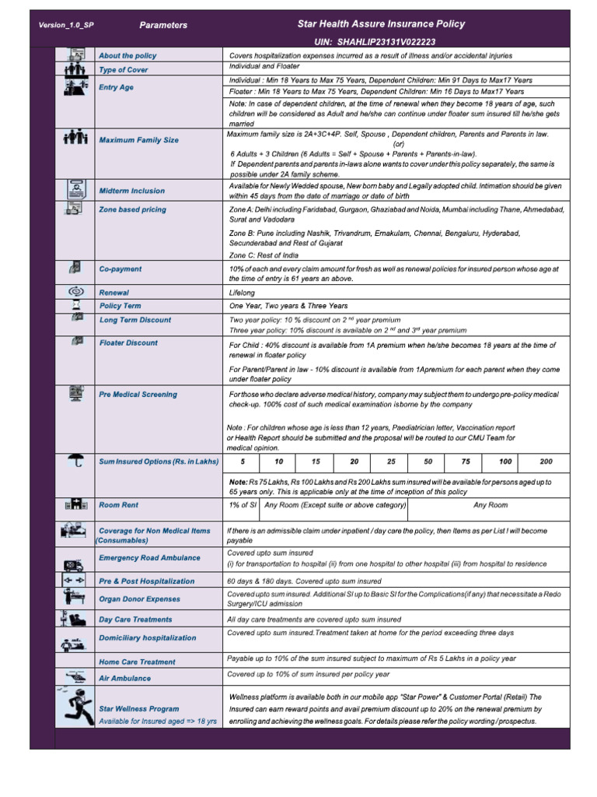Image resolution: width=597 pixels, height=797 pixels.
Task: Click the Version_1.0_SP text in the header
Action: tap(66, 26)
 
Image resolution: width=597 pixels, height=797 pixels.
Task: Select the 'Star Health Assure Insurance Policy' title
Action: tap(381, 24)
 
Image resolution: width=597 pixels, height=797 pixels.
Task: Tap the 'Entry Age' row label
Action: tap(116, 87)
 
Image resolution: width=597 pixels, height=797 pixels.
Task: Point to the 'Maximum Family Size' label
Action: tap(138, 140)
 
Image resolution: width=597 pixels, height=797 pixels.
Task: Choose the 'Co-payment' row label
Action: tap(120, 269)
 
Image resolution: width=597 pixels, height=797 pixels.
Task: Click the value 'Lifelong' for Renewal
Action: tap(243, 292)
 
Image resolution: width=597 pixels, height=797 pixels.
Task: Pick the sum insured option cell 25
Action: tap(391, 462)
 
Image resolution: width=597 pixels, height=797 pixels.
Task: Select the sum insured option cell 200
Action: tap(546, 462)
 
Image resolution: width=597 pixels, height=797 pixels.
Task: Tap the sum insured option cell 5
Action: tap(243, 462)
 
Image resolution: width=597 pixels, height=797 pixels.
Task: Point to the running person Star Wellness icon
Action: tap(75, 707)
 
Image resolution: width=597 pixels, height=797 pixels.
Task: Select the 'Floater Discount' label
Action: tap(127, 343)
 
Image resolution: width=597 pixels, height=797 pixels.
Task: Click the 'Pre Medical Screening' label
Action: tap(138, 395)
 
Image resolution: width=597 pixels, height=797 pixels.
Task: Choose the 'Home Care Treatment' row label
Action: tap(136, 662)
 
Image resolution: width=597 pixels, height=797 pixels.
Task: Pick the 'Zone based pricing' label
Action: tap(132, 210)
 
